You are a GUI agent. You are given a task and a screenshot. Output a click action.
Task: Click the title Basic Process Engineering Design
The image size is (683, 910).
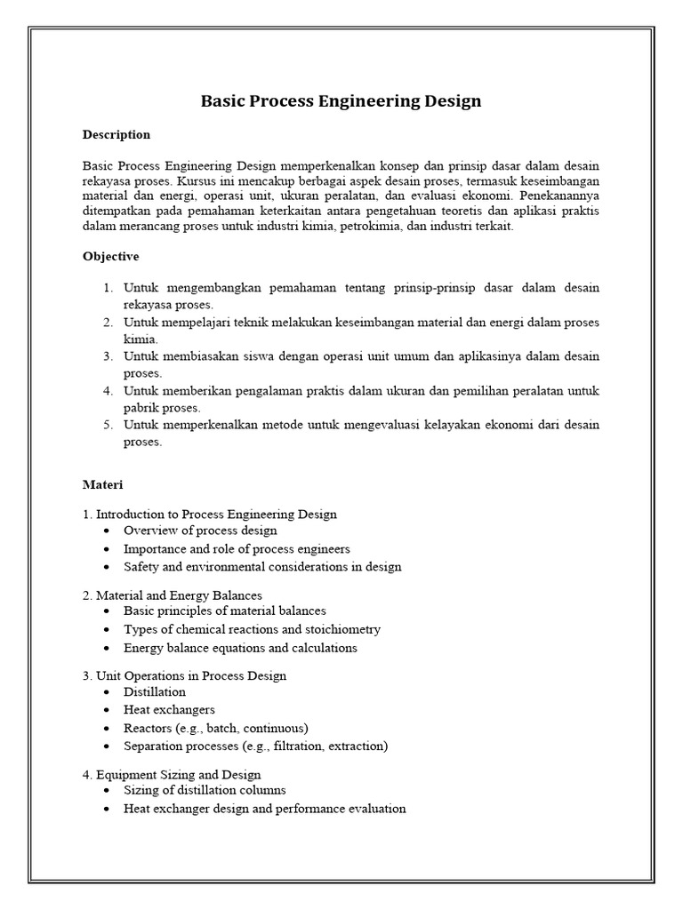pyautogui.click(x=341, y=100)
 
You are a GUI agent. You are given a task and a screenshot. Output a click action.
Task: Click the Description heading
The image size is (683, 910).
pyautogui.click(x=117, y=135)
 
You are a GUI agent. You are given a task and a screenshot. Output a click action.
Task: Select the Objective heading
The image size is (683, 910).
pyautogui.click(x=111, y=256)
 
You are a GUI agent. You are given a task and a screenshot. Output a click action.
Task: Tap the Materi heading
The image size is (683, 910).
pyautogui.click(x=103, y=485)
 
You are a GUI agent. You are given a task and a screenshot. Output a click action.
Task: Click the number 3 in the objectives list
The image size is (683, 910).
pyautogui.click(x=108, y=356)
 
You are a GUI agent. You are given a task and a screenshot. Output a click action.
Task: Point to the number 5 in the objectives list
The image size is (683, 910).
pyautogui.click(x=108, y=425)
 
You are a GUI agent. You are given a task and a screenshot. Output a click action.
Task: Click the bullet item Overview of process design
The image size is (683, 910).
pyautogui.click(x=200, y=531)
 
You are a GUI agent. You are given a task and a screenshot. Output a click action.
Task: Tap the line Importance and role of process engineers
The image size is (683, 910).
pyautogui.click(x=237, y=548)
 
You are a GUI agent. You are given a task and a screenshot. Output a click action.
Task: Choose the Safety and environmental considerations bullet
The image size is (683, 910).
pyautogui.click(x=262, y=566)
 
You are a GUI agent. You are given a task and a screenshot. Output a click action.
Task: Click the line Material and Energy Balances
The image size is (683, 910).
pyautogui.click(x=179, y=595)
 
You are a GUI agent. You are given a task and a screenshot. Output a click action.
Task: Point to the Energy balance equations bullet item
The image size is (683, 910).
pyautogui.click(x=240, y=648)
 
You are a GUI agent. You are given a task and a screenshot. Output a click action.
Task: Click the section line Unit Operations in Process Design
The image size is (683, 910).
pyautogui.click(x=190, y=675)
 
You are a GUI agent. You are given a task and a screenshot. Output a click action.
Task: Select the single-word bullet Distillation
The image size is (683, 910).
pyautogui.click(x=155, y=691)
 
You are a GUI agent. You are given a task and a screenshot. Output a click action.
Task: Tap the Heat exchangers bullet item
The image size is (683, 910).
pyautogui.click(x=169, y=709)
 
